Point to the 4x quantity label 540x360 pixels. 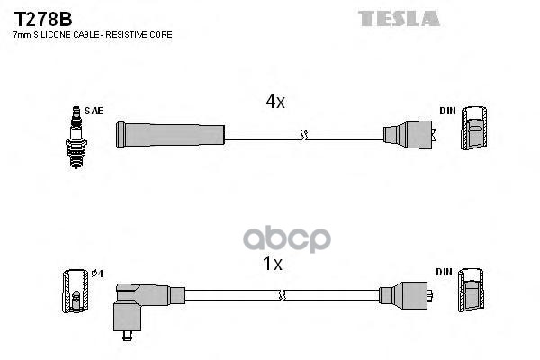(x=274, y=103)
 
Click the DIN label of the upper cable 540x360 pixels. (x=447, y=111)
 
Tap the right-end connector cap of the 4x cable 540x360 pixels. (x=409, y=136)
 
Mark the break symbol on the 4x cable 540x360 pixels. (x=305, y=135)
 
